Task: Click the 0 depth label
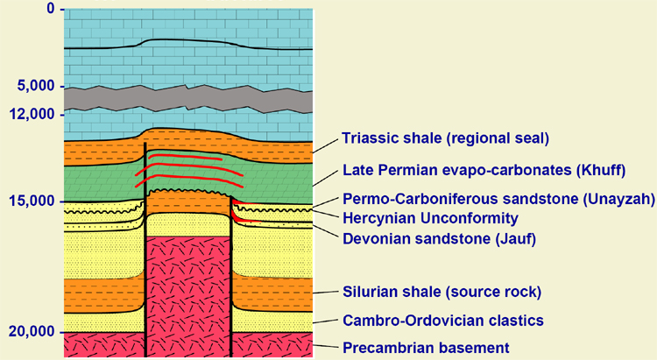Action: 51,8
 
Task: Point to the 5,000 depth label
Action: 36,86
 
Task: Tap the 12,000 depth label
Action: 32,114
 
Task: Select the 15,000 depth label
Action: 32,201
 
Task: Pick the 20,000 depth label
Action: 32,331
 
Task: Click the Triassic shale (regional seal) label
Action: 445,138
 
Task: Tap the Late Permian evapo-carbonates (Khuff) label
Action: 484,170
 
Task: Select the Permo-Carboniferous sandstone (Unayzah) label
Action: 498,199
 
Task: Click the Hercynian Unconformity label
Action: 430,218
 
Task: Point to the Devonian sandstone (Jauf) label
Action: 439,239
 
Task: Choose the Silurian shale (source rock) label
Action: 442,292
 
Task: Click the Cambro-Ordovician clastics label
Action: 443,321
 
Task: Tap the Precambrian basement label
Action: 426,348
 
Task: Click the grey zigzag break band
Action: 188,99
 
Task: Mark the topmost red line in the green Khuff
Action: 185,157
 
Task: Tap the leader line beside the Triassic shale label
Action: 325,146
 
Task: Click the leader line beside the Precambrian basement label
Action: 325,346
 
